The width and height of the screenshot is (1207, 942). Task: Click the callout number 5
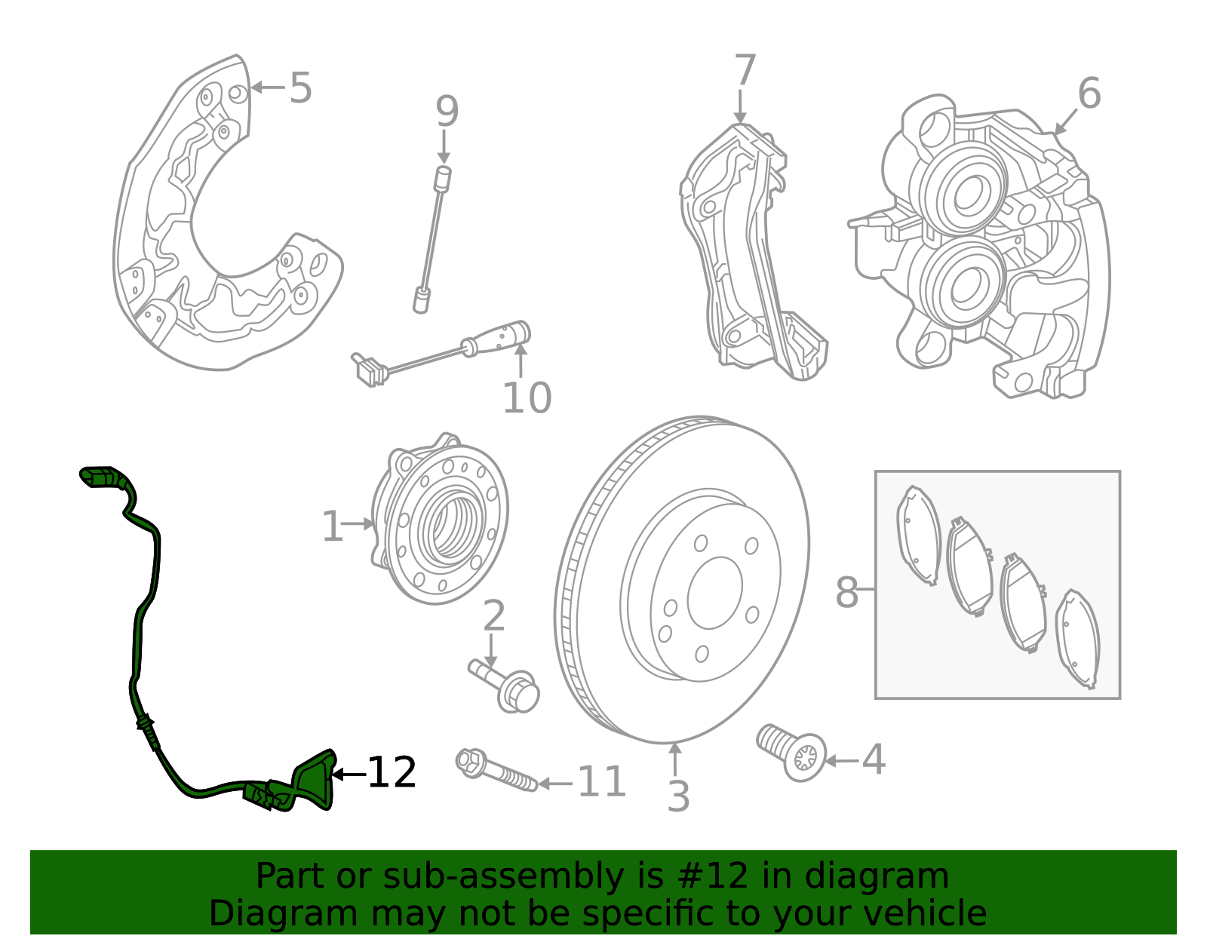(x=300, y=87)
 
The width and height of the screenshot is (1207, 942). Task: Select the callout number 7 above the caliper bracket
(x=745, y=70)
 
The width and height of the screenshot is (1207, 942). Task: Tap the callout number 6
(x=1089, y=94)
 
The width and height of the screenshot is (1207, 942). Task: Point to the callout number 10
(x=527, y=397)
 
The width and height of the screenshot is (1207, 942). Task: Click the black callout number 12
(x=392, y=772)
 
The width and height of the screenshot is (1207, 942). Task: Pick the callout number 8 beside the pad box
(x=846, y=592)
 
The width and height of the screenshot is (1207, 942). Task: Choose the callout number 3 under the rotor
(x=678, y=796)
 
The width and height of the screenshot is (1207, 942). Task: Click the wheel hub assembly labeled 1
(x=439, y=518)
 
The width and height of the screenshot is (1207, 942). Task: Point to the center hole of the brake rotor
(x=715, y=594)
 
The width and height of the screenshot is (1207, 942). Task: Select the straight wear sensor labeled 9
(x=432, y=239)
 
